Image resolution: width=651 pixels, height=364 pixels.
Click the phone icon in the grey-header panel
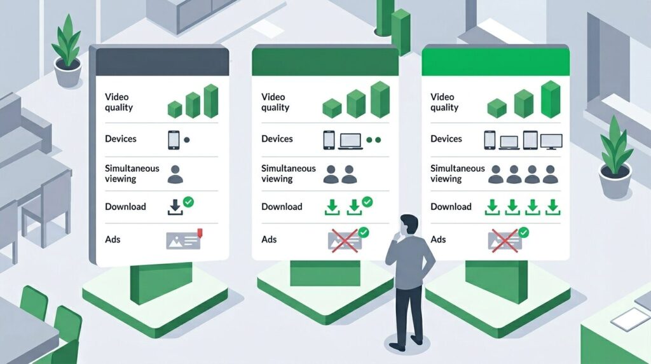pos(174,140)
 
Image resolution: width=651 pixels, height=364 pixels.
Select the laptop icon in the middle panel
pos(350,139)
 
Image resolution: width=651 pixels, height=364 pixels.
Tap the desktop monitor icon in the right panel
pos(551,141)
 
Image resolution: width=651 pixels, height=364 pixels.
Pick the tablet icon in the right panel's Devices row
pos(530,140)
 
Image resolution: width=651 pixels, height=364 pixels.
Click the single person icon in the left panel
pos(175,174)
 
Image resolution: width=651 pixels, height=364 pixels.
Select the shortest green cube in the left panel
pos(175,109)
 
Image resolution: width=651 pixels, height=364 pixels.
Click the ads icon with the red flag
pos(183,239)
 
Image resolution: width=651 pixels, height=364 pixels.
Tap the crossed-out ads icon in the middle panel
pos(343,239)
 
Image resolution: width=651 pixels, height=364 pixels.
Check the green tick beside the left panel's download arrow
pos(188,202)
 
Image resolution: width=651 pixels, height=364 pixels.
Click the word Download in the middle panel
pos(282,207)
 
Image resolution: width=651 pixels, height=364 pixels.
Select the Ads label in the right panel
pos(439,240)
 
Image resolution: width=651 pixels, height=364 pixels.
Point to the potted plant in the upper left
pos(67,53)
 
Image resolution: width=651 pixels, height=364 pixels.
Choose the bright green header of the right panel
pos(496,60)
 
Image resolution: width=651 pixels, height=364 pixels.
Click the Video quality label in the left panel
pos(119,102)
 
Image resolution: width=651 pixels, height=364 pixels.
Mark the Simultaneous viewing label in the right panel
pos(457,174)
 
